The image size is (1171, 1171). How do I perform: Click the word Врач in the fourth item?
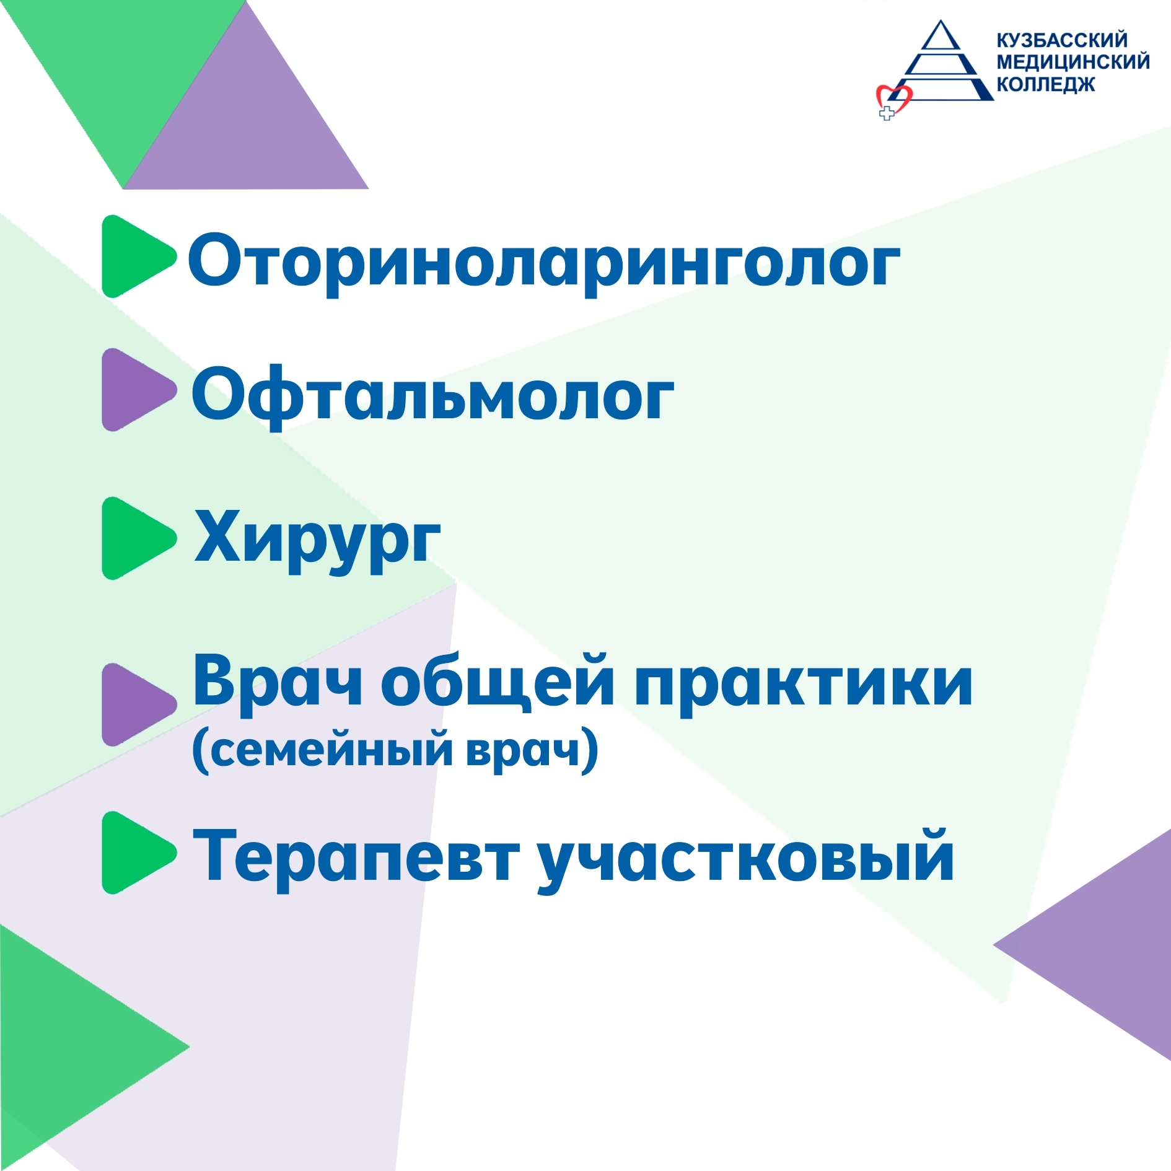pos(278,683)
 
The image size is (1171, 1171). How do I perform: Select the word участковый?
pos(746,859)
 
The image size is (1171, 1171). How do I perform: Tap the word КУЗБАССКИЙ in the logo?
pos(1062,40)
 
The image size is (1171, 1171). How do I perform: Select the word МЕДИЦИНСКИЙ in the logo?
pos(1073,62)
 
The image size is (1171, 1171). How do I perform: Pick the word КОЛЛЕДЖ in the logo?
pos(1046,84)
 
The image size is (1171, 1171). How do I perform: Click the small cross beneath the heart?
pos(887,113)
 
